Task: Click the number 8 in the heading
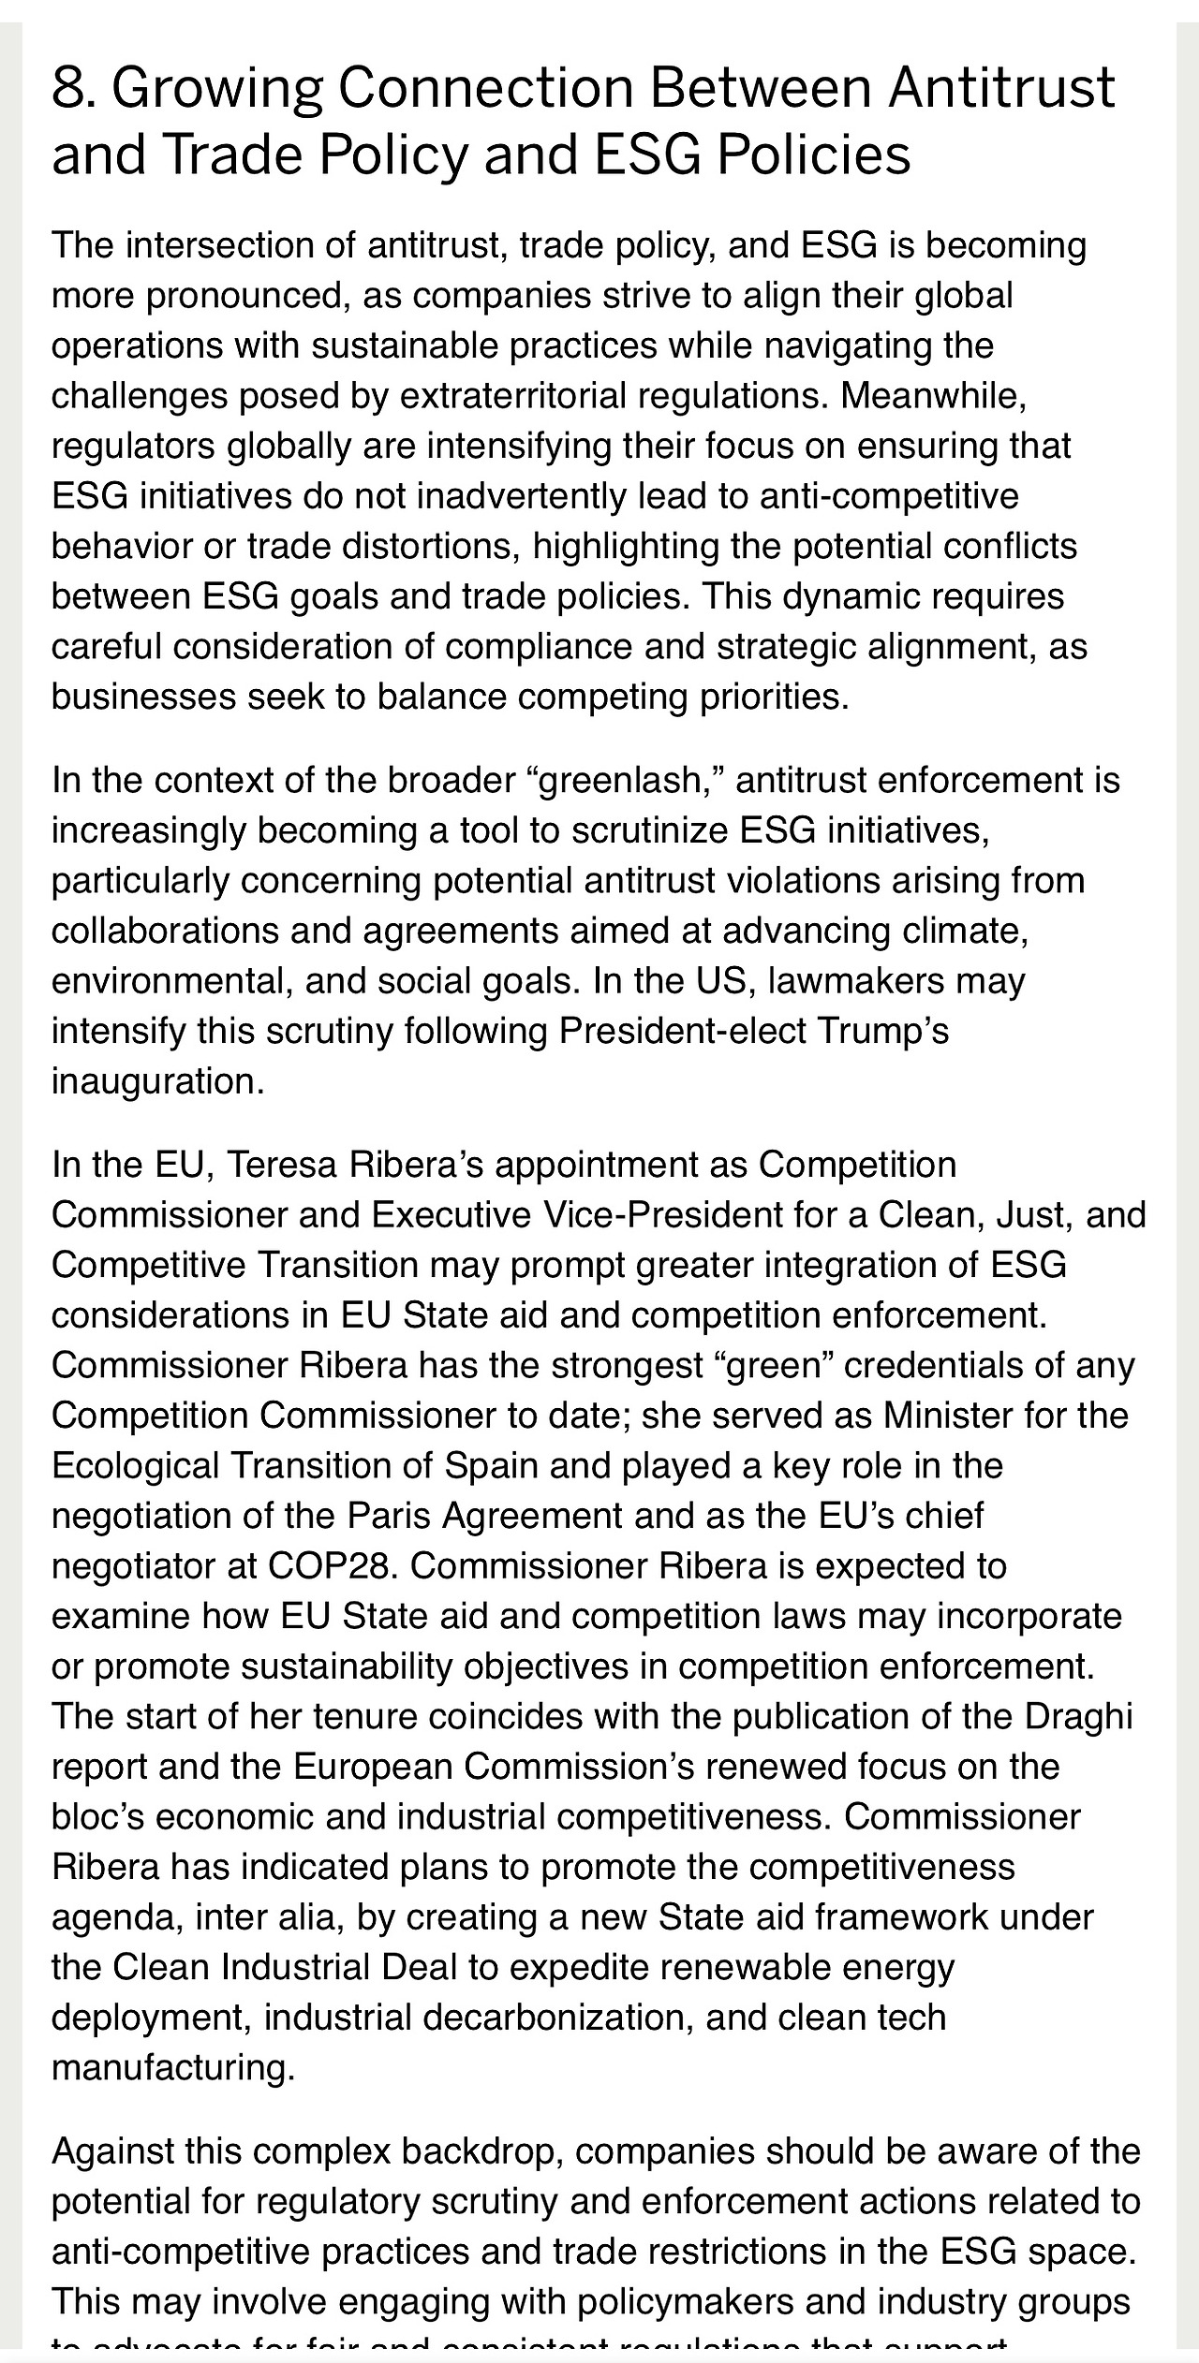pos(68,88)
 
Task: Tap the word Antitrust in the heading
pos(1001,88)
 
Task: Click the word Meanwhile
pos(932,396)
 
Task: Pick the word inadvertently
pos(520,496)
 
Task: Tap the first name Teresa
pos(283,1165)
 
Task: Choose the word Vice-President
pos(657,1215)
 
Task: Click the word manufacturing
pos(172,2067)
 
